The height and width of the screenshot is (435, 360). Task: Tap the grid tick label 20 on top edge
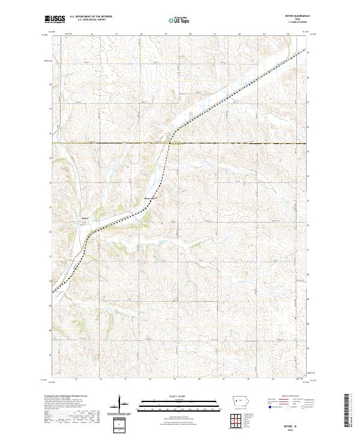pyautogui.click(x=190, y=34)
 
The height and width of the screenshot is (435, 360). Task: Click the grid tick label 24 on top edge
pyautogui.click(x=289, y=34)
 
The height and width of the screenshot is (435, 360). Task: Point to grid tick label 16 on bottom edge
pyautogui.click(x=101, y=379)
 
